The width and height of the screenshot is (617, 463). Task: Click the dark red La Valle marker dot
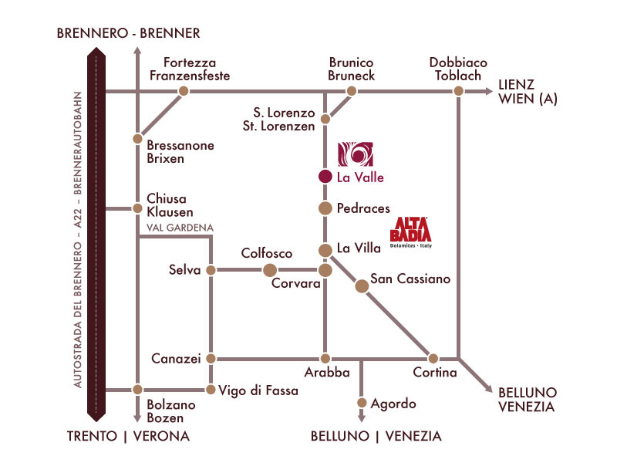pos(325,176)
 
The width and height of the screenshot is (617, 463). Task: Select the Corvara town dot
pos(325,270)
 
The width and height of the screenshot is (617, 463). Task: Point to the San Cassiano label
pos(410,279)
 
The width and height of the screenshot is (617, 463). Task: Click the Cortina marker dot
pos(433,358)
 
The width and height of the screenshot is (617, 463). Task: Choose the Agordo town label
pos(393,404)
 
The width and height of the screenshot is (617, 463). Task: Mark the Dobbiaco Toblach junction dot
pos(459,91)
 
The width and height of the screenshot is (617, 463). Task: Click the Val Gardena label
pos(179,228)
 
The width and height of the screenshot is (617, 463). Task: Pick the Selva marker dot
pos(210,270)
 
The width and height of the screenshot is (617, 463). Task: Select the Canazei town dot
pos(210,358)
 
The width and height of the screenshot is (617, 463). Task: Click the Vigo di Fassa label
pos(258,390)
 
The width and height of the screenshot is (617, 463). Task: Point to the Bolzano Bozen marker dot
pos(137,390)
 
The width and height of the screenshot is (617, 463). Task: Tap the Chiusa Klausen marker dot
pos(137,208)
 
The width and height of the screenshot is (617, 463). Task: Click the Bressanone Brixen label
pos(180,152)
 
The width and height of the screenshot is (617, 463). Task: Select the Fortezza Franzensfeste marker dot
pos(184,91)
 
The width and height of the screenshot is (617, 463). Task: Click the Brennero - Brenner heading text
pos(129,32)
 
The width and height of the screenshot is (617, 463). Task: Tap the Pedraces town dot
pos(325,208)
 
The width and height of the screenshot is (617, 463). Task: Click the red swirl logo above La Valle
pos(356,154)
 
